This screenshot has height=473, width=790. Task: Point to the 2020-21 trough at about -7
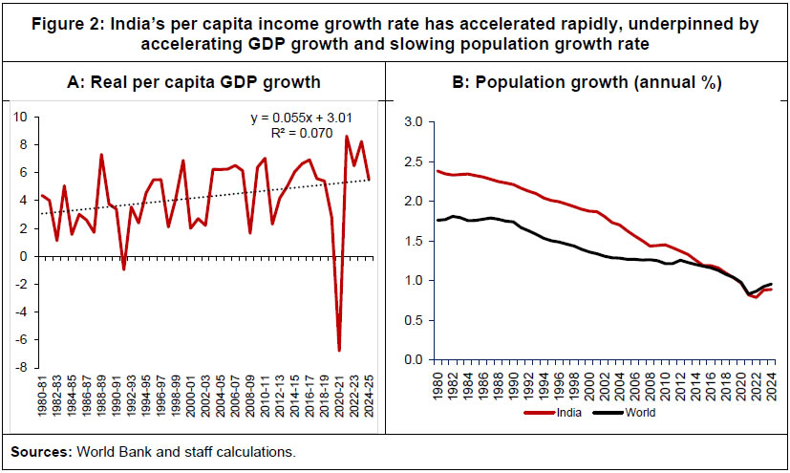coord(338,350)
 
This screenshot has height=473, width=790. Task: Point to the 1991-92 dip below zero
coord(123,269)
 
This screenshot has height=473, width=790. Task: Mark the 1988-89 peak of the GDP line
coord(101,155)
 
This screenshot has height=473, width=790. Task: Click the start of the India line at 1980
coord(437,171)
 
